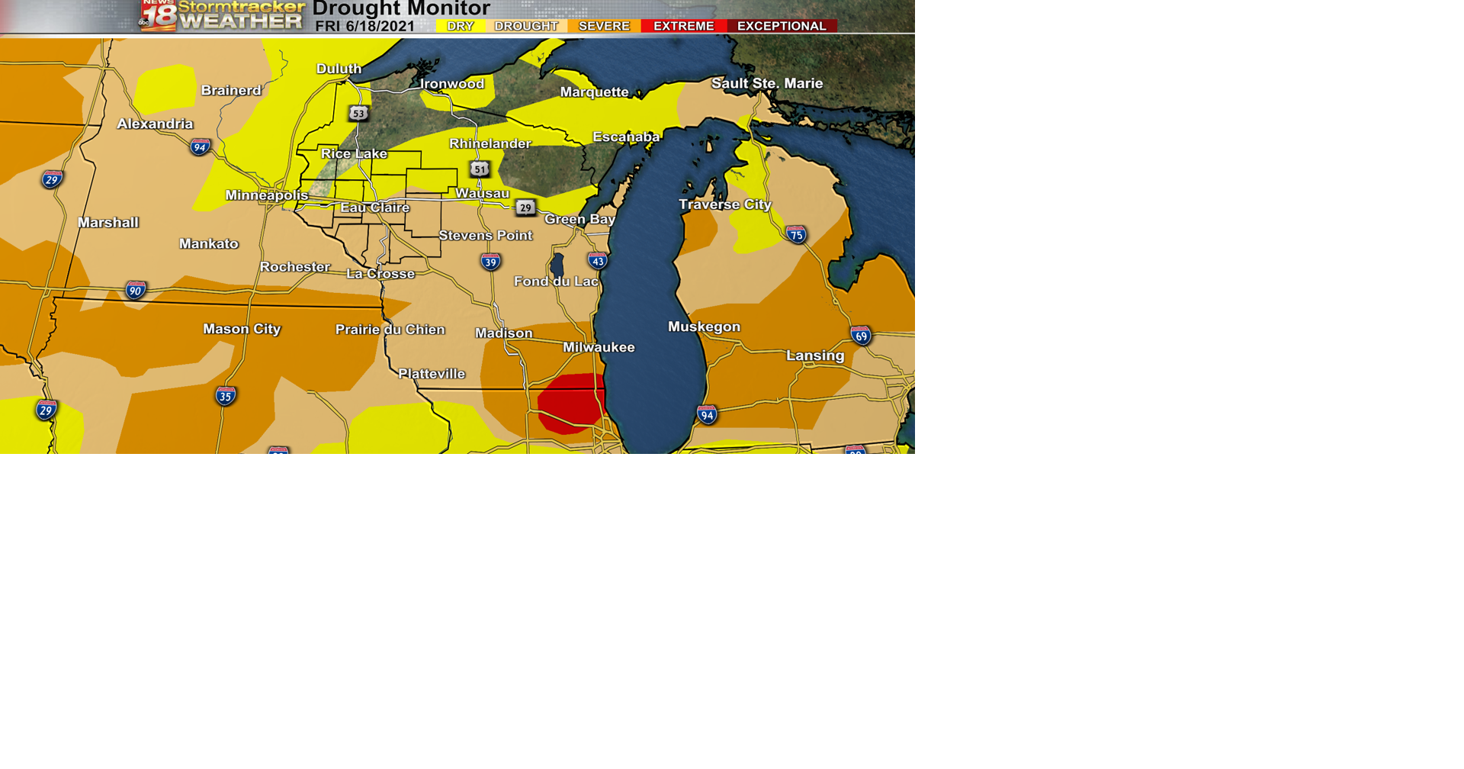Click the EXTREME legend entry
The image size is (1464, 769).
[x=683, y=26]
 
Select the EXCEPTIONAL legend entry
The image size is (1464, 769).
[x=782, y=26]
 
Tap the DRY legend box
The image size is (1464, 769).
[x=461, y=26]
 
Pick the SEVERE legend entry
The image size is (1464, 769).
[x=604, y=26]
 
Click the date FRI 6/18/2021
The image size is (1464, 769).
[x=365, y=26]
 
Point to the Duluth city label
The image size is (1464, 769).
[x=339, y=69]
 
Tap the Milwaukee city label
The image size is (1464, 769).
[x=599, y=347]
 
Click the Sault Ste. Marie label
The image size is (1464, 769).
[x=767, y=83]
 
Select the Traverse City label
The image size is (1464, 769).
[x=725, y=204]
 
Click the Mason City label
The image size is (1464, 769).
[x=242, y=329]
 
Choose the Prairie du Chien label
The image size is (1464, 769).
[x=390, y=330]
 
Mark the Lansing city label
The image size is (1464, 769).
[x=815, y=356]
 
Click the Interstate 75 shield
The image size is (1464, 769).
[x=797, y=234]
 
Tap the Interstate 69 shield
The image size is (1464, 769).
[x=862, y=335]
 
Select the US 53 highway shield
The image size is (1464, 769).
[x=358, y=113]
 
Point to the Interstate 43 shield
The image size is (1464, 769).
[x=598, y=261]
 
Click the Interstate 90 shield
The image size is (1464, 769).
[x=136, y=290]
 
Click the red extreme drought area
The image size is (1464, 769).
[x=570, y=403]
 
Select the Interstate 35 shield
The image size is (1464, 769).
[x=226, y=396]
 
